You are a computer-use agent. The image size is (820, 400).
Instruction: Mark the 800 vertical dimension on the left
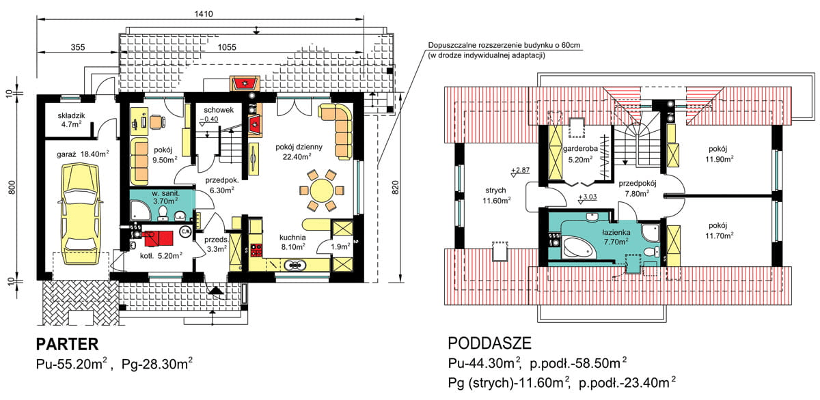tap(12, 186)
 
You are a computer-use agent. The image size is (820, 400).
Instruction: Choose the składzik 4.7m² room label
tap(70, 120)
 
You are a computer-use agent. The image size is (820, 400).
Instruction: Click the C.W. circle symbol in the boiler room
tap(184, 232)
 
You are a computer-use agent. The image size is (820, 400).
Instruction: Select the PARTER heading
tap(68, 343)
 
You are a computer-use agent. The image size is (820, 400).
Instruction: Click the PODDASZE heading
tap(489, 343)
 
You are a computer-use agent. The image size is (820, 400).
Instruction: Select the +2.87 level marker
tap(521, 169)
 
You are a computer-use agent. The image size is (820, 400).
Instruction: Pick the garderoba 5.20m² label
tap(580, 156)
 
